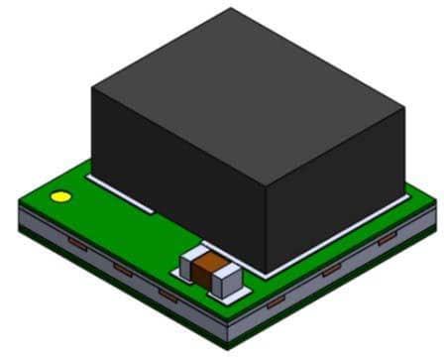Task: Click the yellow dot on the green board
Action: pyautogui.click(x=60, y=196)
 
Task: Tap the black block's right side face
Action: pyautogui.click(x=337, y=193)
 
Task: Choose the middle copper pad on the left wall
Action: pyautogui.click(x=122, y=269)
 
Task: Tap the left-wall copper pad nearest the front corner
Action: pyautogui.click(x=167, y=295)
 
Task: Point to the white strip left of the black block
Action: pyautogui.click(x=119, y=194)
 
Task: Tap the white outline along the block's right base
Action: pyautogui.click(x=337, y=245)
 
